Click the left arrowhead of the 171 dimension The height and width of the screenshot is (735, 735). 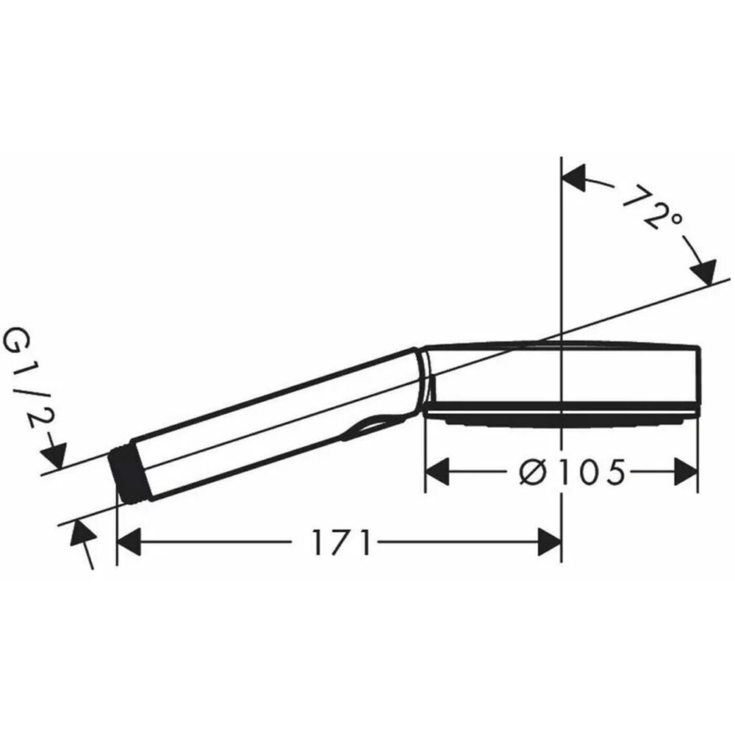(129, 545)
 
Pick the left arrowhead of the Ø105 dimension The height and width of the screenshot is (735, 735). (438, 473)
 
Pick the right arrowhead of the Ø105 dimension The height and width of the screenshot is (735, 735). (686, 473)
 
